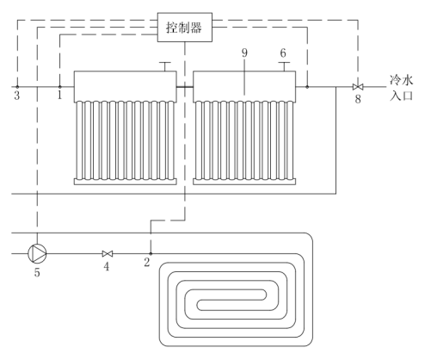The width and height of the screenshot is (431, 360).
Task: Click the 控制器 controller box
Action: click(185, 28)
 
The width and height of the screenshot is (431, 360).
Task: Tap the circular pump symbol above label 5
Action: click(37, 253)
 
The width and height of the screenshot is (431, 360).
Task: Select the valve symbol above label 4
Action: click(108, 254)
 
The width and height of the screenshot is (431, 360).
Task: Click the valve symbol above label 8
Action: click(358, 87)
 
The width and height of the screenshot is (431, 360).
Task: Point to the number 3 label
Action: click(17, 96)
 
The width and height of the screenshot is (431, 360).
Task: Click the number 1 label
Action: click(59, 95)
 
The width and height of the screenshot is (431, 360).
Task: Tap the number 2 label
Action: click(147, 262)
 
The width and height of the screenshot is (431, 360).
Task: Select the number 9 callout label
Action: click(244, 53)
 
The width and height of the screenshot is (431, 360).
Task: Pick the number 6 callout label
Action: click(283, 53)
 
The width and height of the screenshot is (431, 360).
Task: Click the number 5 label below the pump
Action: click(37, 272)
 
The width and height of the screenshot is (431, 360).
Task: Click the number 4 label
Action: click(107, 267)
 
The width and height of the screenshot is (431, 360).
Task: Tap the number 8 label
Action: click(358, 99)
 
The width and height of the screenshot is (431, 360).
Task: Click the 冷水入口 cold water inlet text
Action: click(402, 88)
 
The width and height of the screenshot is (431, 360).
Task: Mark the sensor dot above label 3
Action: click(17, 87)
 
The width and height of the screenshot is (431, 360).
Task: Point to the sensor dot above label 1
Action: click(59, 87)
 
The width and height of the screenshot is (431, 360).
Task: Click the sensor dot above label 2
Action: click(151, 254)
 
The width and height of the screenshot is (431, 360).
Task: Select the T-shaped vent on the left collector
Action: click(165, 66)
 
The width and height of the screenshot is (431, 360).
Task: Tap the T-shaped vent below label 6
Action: click(284, 66)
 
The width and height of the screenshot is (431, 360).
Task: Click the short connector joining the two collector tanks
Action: click(185, 87)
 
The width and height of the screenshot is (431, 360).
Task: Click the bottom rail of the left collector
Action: click(126, 182)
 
